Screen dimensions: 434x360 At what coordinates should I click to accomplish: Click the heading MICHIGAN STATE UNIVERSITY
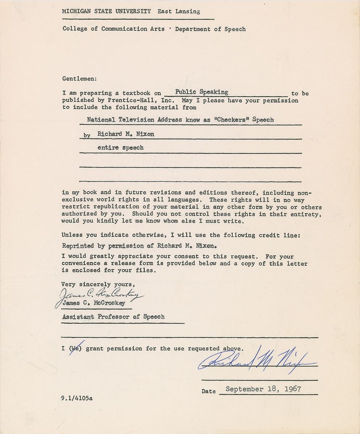pyautogui.click(x=106, y=11)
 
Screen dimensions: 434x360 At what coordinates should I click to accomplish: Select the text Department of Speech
pyautogui.click(x=210, y=29)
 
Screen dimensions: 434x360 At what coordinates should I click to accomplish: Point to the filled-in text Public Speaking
pyautogui.click(x=202, y=92)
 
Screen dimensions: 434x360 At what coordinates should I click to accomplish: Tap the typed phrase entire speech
pyautogui.click(x=120, y=148)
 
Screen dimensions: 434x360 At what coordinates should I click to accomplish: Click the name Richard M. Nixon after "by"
pyautogui.click(x=126, y=134)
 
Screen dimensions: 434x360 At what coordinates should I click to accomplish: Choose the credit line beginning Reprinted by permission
pyautogui.click(x=139, y=246)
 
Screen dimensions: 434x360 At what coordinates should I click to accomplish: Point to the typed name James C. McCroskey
pyautogui.click(x=94, y=303)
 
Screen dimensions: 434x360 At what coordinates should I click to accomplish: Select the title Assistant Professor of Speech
pyautogui.click(x=113, y=317)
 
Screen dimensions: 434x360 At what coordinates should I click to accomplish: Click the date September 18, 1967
pyautogui.click(x=263, y=389)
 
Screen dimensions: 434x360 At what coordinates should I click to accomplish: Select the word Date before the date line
pyautogui.click(x=209, y=391)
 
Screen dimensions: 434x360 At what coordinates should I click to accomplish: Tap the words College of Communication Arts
pyautogui.click(x=113, y=29)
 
